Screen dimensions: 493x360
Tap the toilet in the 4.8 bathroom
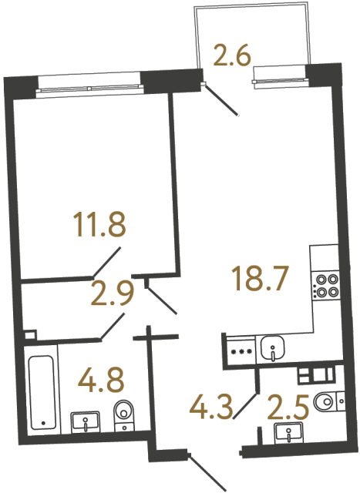[124, 417]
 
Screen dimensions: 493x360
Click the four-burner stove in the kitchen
[325, 286]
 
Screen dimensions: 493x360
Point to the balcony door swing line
[224, 99]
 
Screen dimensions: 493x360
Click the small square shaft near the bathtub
[29, 336]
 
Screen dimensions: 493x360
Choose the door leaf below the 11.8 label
[106, 262]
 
